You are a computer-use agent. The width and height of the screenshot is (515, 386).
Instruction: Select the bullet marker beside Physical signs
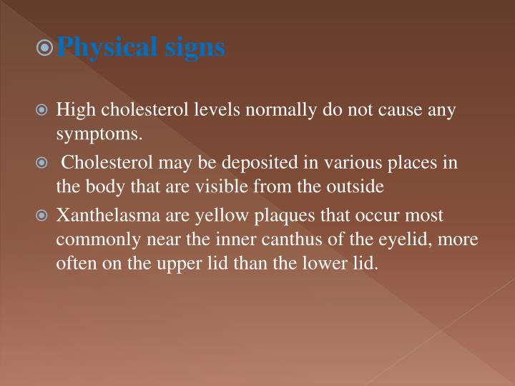click(x=46, y=48)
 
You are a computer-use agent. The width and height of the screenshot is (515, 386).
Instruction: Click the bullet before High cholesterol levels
click(x=44, y=111)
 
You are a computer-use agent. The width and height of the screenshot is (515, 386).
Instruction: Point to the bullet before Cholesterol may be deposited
click(x=44, y=163)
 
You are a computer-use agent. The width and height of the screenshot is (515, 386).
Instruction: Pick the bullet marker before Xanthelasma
click(x=44, y=215)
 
